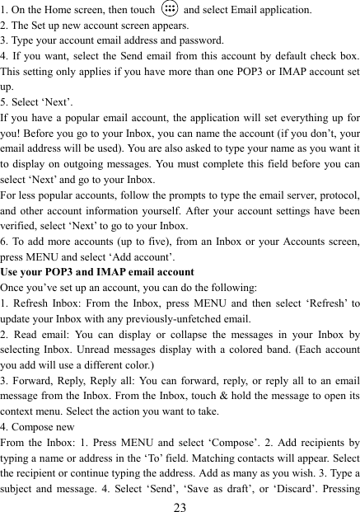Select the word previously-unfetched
click(189, 318)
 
